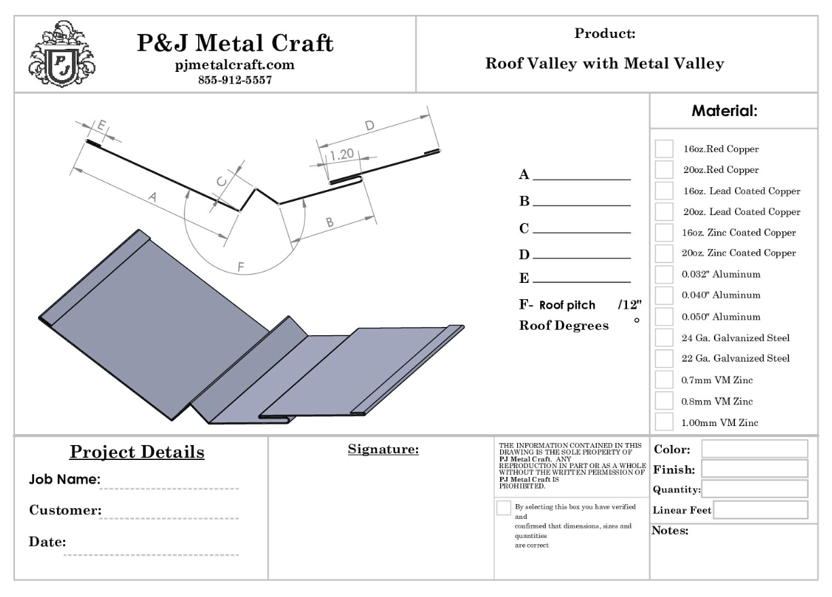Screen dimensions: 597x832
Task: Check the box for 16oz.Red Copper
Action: (664, 149)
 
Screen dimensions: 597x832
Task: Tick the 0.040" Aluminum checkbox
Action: (664, 296)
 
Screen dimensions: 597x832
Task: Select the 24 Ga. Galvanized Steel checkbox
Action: (664, 338)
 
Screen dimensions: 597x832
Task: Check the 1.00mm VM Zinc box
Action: (664, 422)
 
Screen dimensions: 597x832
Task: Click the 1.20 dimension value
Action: (341, 155)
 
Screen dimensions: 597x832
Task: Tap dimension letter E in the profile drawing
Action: (101, 126)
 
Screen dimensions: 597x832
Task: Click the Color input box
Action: (754, 449)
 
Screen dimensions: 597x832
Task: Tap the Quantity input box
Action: (754, 489)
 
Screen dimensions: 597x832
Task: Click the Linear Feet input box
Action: (760, 510)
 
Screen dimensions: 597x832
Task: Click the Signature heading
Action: (383, 449)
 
